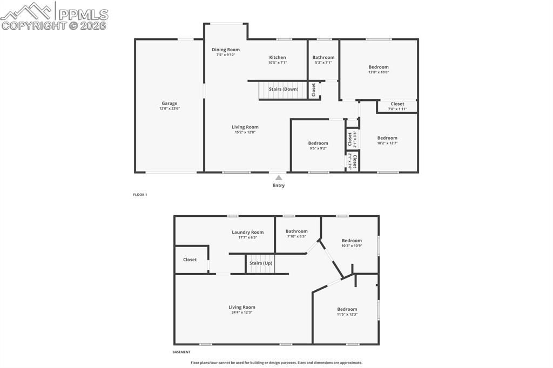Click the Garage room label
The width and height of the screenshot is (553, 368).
click(170, 103)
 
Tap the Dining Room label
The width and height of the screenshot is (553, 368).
click(226, 50)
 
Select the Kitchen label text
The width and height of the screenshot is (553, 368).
click(278, 57)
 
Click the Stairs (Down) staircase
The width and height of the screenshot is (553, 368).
click(283, 90)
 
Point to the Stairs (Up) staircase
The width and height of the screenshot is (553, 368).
click(261, 264)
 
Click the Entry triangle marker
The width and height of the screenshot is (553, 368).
click(279, 178)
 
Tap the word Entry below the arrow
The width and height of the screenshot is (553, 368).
click(279, 186)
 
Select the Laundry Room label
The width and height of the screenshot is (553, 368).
click(248, 232)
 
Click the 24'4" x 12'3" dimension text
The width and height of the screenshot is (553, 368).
click(241, 312)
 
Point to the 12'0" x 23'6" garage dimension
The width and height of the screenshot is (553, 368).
click(170, 108)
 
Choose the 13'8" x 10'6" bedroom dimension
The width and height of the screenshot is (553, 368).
click(379, 72)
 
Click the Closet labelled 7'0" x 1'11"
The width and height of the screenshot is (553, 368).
click(397, 104)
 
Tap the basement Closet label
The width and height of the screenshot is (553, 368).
click(190, 260)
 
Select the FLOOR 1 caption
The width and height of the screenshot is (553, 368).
click(140, 194)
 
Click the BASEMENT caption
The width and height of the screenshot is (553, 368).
click(181, 352)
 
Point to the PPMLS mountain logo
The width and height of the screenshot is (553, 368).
click(27, 10)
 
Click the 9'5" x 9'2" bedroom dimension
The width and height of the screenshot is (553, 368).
click(318, 148)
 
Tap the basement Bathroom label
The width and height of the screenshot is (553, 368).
click(296, 231)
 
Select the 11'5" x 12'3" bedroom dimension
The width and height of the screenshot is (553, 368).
click(347, 315)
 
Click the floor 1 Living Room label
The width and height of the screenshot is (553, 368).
click(245, 127)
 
